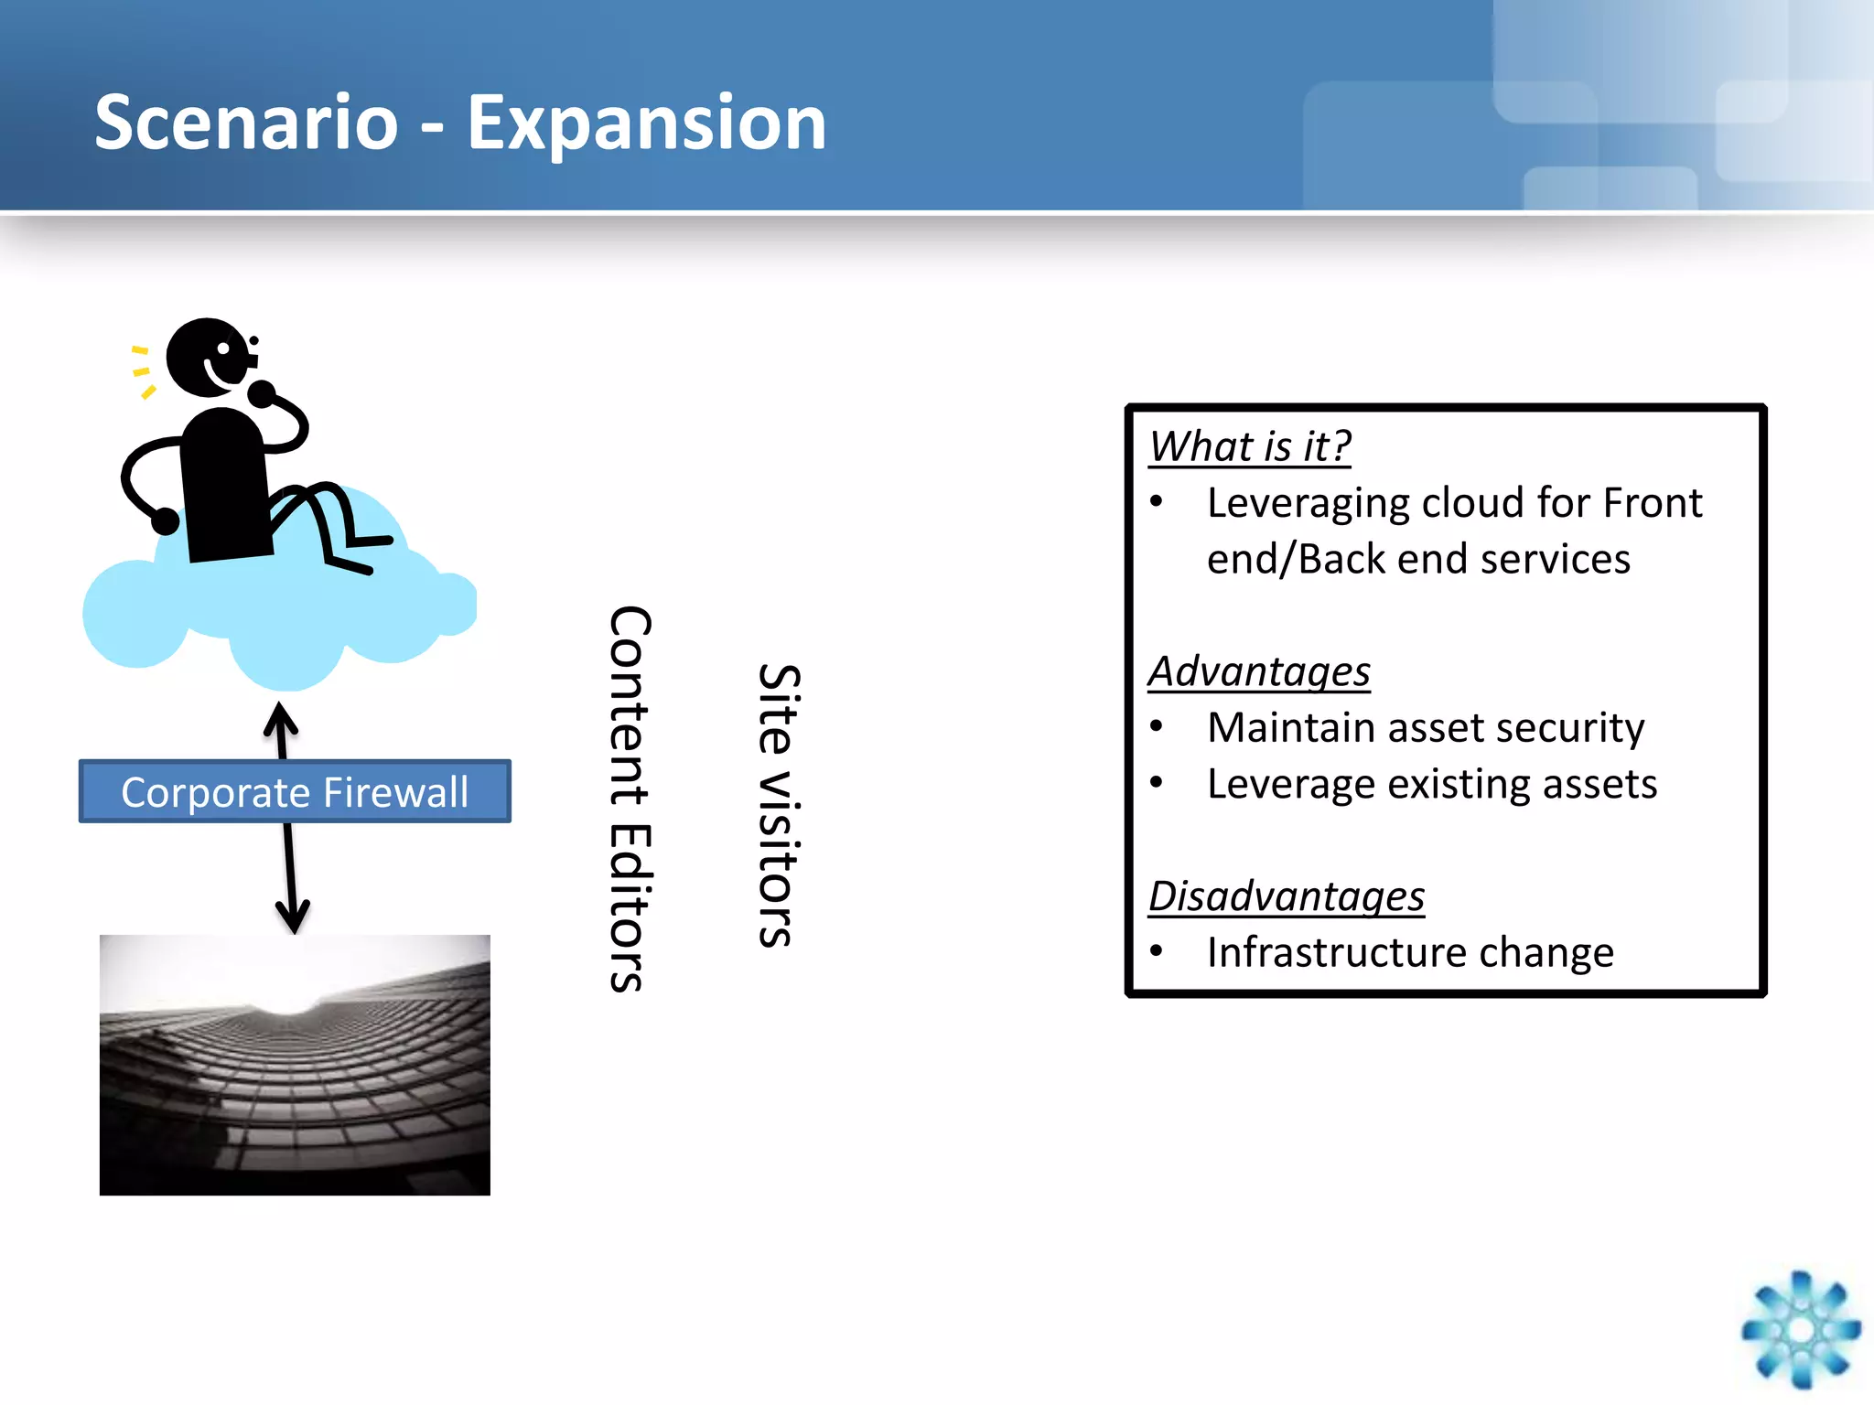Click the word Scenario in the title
tap(246, 123)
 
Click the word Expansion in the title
tap(646, 123)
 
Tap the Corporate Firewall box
tap(294, 791)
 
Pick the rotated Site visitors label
tap(779, 805)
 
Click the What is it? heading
tap(1249, 447)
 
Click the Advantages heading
tap(1259, 671)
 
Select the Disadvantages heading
tap(1286, 896)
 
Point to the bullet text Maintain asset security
tap(1425, 728)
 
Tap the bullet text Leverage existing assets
tap(1431, 785)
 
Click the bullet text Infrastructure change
tap(1409, 953)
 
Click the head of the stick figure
tap(209, 357)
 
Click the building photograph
tap(295, 1065)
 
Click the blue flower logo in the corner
tap(1800, 1329)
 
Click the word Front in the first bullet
tap(1653, 503)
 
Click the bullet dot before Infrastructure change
tap(1157, 951)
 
